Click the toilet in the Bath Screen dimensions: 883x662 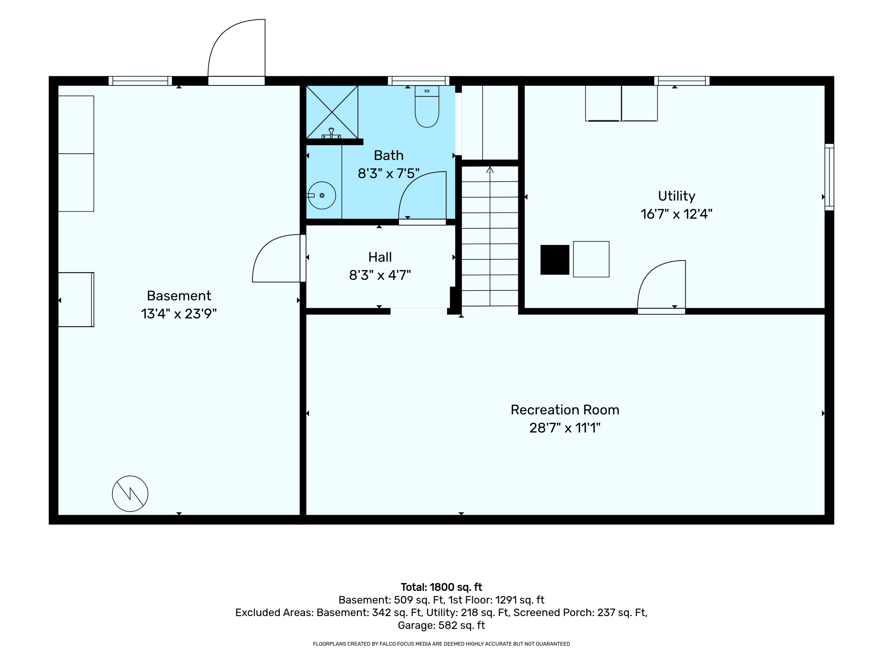tap(427, 107)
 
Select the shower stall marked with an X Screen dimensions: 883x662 tap(332, 112)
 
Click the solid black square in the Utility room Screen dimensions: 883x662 tap(555, 260)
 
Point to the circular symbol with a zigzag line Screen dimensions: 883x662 tap(130, 494)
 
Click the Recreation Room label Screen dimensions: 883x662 tap(565, 410)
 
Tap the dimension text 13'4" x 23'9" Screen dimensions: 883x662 tap(179, 314)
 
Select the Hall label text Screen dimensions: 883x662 tap(380, 257)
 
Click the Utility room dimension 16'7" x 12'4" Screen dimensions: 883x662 tap(677, 214)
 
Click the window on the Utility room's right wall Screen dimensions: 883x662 tap(829, 177)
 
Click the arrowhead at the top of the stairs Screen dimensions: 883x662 tap(490, 169)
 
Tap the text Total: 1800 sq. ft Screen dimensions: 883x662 tap(441, 587)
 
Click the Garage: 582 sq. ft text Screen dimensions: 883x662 tap(441, 625)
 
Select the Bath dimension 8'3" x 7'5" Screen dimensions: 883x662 tap(389, 174)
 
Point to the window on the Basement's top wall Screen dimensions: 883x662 tap(140, 81)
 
